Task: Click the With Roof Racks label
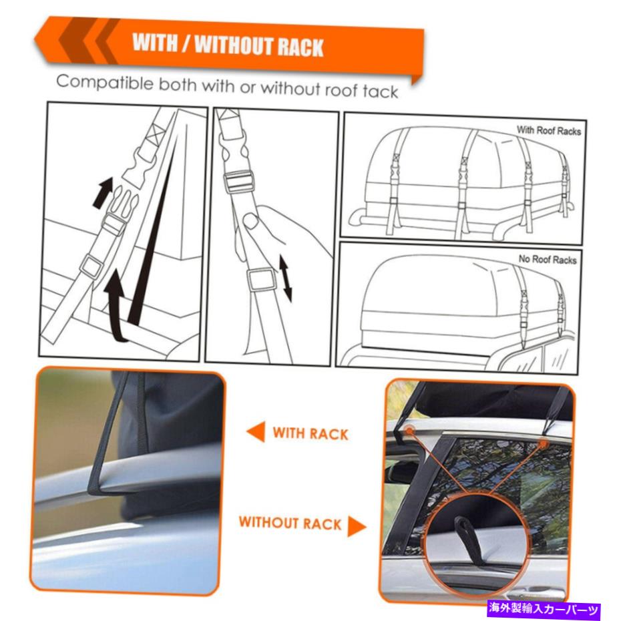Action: click(x=548, y=130)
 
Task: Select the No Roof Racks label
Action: click(x=548, y=259)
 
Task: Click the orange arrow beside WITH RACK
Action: click(x=256, y=431)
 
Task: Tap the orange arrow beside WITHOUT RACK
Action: click(x=357, y=526)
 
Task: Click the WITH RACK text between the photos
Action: click(x=310, y=433)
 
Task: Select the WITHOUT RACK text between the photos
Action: click(x=290, y=523)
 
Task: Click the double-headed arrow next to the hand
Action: click(x=286, y=278)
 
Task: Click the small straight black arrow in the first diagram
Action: click(x=103, y=192)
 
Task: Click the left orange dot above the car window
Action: click(x=409, y=430)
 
